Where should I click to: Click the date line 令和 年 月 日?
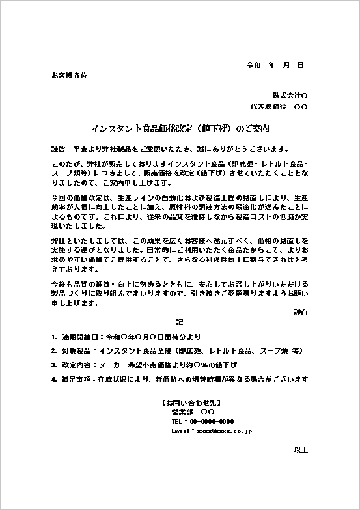(275, 66)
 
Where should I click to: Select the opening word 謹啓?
(58, 149)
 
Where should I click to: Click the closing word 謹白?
(301, 313)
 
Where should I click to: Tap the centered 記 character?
(180, 322)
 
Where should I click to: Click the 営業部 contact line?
(193, 413)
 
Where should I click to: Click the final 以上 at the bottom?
(301, 450)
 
